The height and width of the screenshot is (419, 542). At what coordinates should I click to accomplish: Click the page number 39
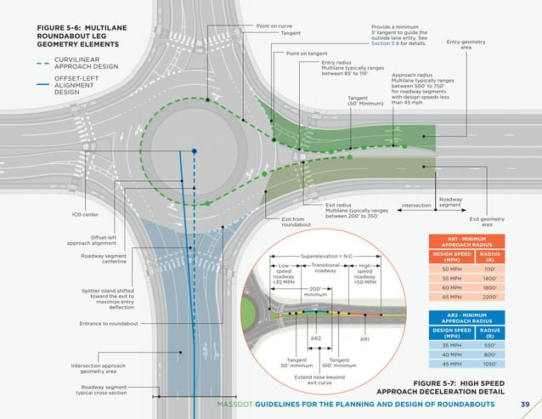point(524,404)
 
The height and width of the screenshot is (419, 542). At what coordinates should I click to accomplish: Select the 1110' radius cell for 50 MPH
point(489,268)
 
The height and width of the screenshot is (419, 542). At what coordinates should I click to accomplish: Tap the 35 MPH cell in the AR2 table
point(446,345)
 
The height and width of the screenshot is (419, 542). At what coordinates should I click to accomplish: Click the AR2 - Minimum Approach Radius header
point(466,318)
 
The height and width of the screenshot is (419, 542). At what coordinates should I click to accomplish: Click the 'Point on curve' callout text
point(275,26)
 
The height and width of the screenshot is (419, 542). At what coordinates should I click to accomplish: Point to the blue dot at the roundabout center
point(195,150)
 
